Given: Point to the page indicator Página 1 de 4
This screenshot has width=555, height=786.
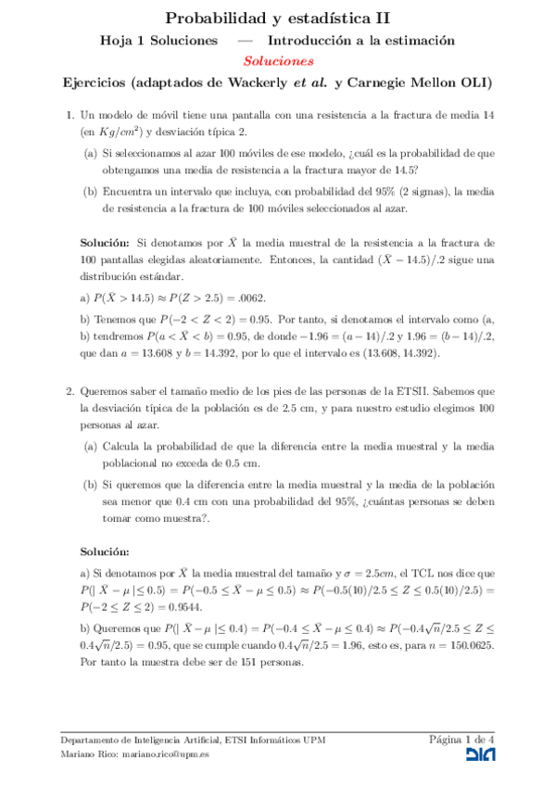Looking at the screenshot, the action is pos(462,739).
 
